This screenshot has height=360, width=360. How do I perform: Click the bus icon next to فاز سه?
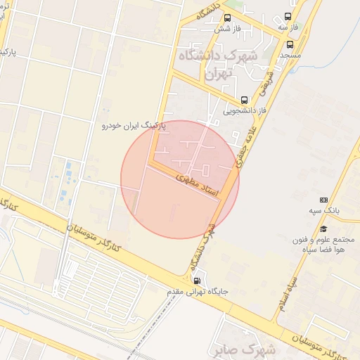(288, 17)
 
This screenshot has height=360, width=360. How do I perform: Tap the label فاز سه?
(288, 27)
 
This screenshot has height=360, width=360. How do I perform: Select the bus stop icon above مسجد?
(290, 44)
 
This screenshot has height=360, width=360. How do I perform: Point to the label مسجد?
(290, 54)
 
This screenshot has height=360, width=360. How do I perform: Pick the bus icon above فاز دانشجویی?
(244, 100)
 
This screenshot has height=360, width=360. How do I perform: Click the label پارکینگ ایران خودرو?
(133, 125)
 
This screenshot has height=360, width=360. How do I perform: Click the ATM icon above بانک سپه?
(323, 200)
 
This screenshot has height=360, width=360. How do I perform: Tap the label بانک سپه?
(324, 210)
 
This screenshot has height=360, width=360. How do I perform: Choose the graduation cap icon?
(323, 229)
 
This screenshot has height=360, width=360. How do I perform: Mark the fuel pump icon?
(196, 281)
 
